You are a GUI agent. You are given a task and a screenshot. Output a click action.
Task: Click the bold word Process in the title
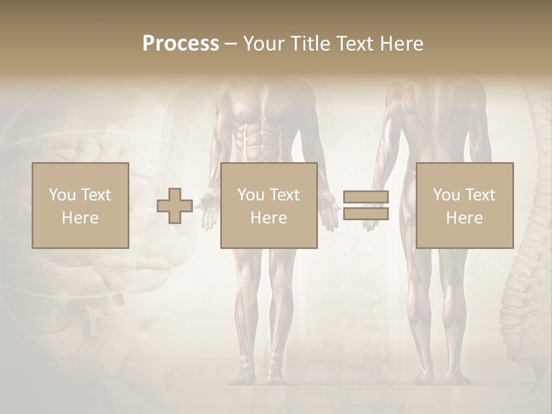[x=181, y=43]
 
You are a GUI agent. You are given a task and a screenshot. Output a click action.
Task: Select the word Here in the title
[x=401, y=43]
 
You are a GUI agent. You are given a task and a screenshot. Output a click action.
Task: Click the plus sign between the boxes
[x=175, y=206]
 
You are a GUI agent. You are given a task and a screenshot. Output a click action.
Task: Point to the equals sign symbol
[x=366, y=205]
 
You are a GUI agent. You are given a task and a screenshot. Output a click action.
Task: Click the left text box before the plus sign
[x=80, y=206]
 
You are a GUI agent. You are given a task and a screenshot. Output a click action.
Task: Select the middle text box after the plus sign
[x=269, y=206]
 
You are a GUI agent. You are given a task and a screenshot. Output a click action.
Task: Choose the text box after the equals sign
[x=464, y=206]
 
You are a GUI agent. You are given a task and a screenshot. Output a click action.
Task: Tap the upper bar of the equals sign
[x=366, y=197]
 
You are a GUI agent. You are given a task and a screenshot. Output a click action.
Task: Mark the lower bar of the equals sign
[x=366, y=214]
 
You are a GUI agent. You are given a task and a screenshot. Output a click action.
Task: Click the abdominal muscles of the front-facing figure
[x=262, y=141]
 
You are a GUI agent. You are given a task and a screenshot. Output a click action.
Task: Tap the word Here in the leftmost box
[x=80, y=218]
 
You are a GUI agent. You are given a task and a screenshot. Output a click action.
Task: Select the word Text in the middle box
[x=284, y=195]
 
